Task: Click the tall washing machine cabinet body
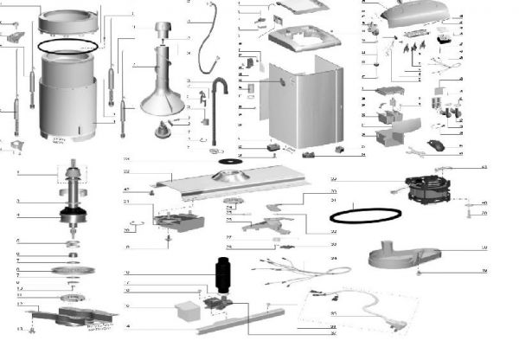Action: click(298, 104)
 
